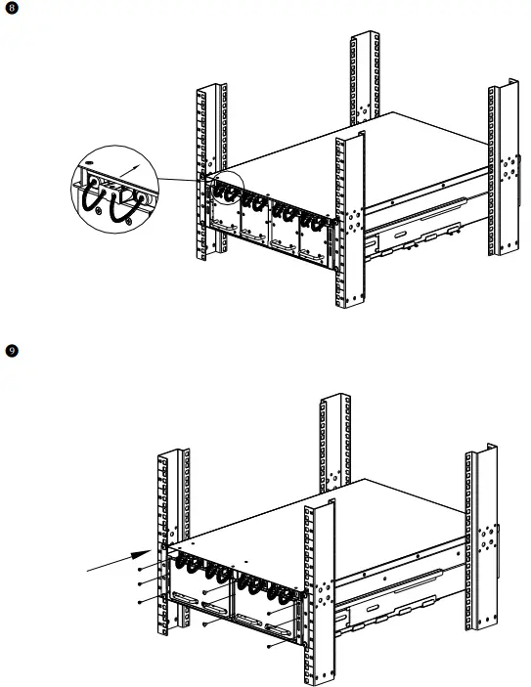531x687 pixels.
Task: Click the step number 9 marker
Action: tap(11, 349)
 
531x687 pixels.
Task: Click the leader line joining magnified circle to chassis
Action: tap(182, 180)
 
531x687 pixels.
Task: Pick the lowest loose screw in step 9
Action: tap(271, 646)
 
